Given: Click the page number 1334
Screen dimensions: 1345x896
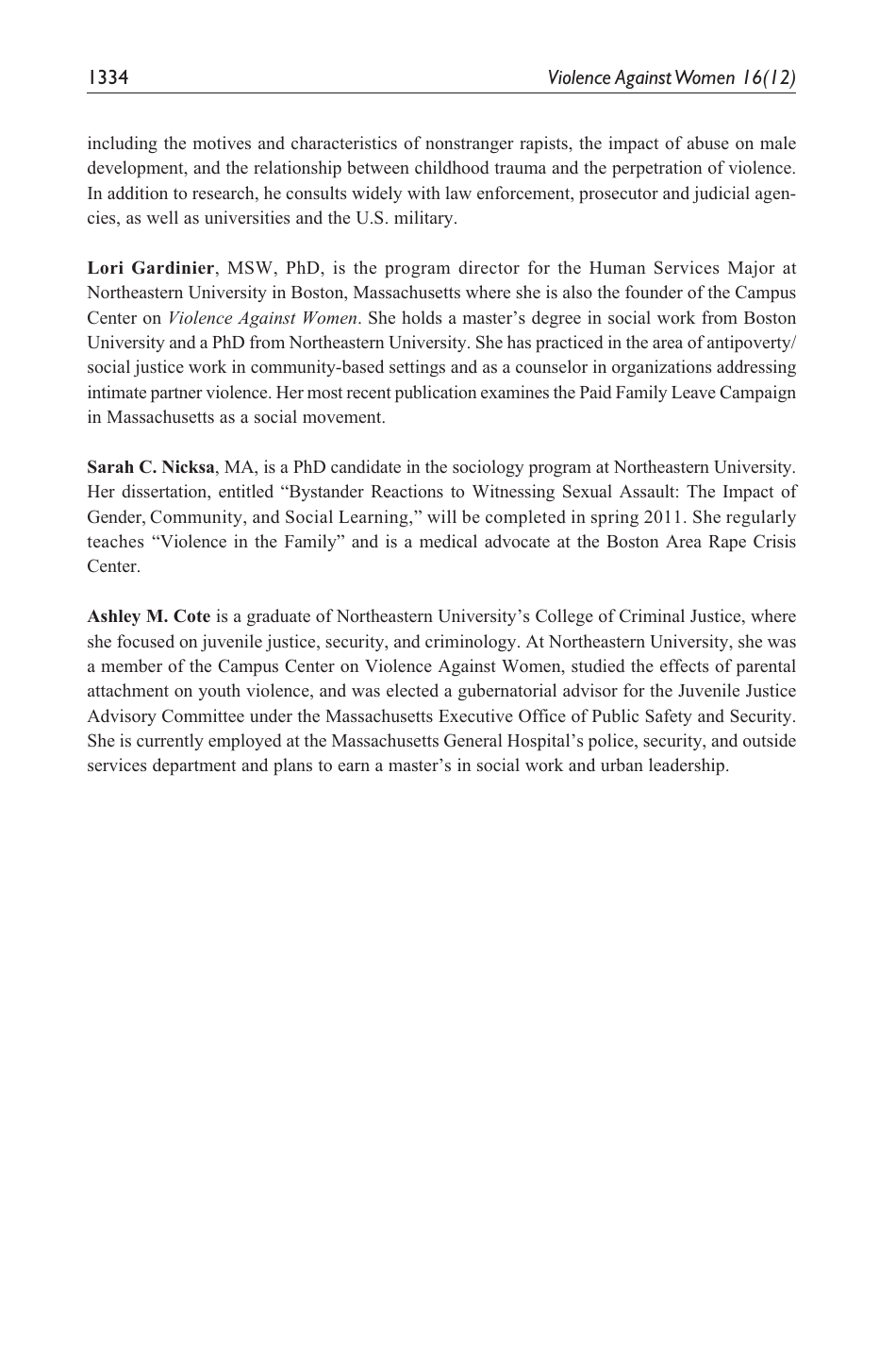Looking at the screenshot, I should click(x=108, y=78).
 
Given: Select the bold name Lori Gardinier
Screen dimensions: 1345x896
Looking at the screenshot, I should click(x=151, y=268).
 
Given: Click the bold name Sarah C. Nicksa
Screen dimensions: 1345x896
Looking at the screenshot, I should click(x=151, y=467).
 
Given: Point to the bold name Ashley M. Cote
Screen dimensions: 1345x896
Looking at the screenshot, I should click(x=149, y=616).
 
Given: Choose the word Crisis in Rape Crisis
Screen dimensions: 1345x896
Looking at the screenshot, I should click(x=772, y=542).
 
